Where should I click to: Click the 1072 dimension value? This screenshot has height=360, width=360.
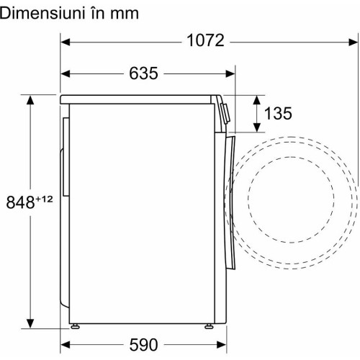[205, 40]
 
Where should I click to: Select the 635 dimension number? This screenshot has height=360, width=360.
[143, 73]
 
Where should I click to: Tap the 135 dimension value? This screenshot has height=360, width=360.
[278, 113]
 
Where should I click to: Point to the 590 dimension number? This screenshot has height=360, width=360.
[143, 345]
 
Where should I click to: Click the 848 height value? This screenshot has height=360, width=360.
[20, 202]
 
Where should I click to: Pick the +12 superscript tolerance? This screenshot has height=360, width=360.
[44, 199]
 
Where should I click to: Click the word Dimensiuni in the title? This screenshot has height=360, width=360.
[42, 14]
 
